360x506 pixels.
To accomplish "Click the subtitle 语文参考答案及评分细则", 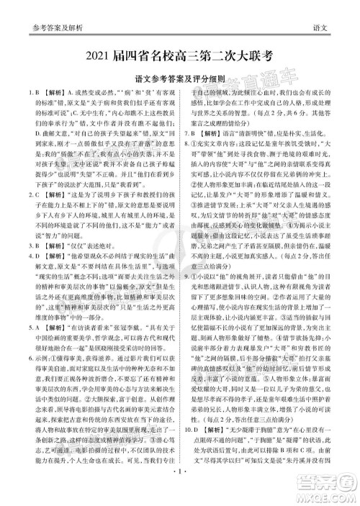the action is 180,81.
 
